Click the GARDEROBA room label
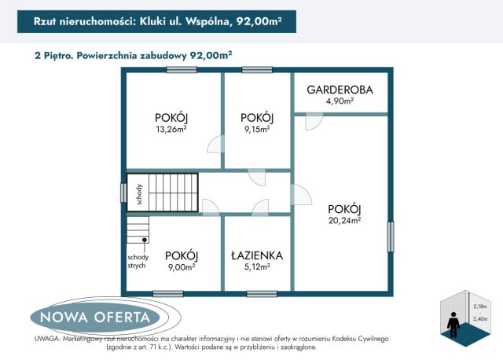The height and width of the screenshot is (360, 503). pos(340,90)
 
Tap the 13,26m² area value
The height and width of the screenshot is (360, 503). pos(171,130)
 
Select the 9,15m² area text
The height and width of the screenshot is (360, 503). pos(256,130)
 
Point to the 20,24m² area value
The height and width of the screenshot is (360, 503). pos(344,221)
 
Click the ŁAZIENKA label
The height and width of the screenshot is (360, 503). pos(256,255)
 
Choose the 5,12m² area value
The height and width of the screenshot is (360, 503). pos(256,267)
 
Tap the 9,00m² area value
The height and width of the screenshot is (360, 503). pos(181,267)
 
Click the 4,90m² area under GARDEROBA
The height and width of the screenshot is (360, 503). pos(340,101)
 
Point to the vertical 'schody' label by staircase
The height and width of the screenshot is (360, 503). pos(138,193)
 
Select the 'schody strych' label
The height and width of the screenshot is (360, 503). pos(137,261)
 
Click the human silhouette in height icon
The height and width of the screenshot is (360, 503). pos(453,321)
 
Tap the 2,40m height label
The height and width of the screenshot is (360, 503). pos(479,319)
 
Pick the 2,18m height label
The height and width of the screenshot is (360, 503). pos(479,306)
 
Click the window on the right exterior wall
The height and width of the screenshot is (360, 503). pos(391,236)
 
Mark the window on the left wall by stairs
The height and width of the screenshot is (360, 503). pos(123,193)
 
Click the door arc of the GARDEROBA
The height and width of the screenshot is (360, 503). pos(314,121)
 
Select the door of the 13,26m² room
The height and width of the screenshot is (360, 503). pos(215,145)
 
